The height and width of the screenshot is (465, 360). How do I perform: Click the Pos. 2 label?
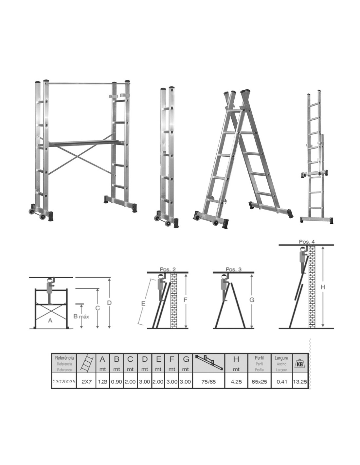(x=168, y=269)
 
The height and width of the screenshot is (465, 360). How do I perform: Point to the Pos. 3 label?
(x=233, y=269)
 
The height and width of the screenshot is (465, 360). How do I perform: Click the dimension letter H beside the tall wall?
(x=323, y=287)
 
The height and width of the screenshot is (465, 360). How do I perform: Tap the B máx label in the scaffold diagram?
(x=81, y=316)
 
